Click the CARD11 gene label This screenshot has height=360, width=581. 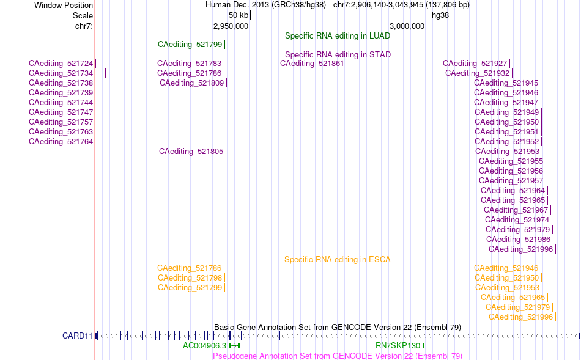pos(78,336)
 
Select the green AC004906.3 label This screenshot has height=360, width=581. pos(204,346)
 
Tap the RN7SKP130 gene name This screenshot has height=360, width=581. pos(398,346)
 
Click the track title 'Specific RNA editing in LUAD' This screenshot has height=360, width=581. pos(338,36)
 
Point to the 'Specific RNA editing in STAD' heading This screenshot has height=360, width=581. pos(338,55)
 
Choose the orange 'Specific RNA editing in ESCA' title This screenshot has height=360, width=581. pos(338,260)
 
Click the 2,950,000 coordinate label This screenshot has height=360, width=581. pos(231,26)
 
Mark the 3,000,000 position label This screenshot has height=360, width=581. pos(407,26)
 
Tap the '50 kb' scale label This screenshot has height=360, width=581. pos(239,15)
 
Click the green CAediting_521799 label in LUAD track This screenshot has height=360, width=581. pos(190,45)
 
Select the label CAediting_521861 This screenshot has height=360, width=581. pos(312,64)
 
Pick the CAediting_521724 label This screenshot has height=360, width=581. pos(61,64)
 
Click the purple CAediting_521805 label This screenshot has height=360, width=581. pos(191,152)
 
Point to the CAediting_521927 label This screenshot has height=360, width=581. pos(475,64)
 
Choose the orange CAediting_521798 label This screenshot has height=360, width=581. pos(190,278)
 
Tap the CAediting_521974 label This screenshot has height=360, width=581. pos(517,220)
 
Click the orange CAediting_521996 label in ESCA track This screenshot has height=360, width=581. pos(520,317)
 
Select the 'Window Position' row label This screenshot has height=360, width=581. pos(64,5)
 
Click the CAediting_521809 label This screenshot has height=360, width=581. pos(191,83)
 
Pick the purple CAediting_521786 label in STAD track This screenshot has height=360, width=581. pos(189,73)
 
